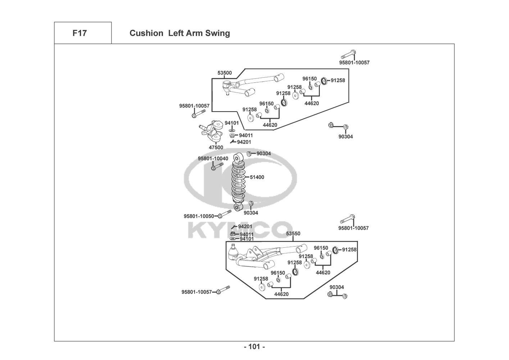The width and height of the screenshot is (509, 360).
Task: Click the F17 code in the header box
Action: pyautogui.click(x=79, y=33)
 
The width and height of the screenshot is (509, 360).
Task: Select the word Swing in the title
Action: pyautogui.click(x=217, y=33)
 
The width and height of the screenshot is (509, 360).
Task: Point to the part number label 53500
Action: pyautogui.click(x=224, y=73)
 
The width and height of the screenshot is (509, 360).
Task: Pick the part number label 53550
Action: pyautogui.click(x=293, y=234)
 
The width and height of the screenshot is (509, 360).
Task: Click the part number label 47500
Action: pyautogui.click(x=216, y=148)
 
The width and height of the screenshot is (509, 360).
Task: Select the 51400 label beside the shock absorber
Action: pyautogui.click(x=257, y=177)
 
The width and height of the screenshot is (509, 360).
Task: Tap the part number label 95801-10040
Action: pyautogui.click(x=213, y=158)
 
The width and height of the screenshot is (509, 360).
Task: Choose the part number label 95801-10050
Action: pyautogui.click(x=199, y=216)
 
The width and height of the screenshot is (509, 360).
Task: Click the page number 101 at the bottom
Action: pyautogui.click(x=254, y=347)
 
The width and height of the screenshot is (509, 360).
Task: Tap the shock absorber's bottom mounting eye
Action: pyautogui.click(x=237, y=207)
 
